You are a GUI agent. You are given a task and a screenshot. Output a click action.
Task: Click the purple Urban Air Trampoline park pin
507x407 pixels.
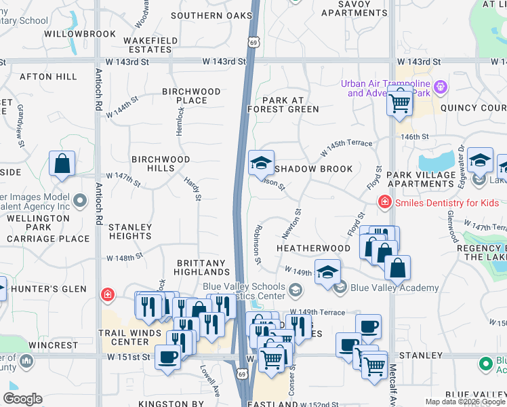coord(441,88)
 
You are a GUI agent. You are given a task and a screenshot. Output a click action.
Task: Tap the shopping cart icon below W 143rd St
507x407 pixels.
coord(400,104)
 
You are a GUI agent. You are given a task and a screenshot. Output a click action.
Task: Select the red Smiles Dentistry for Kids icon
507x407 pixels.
coord(384,203)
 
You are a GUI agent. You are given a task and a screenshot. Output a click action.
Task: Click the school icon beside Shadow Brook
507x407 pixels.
coord(261,163)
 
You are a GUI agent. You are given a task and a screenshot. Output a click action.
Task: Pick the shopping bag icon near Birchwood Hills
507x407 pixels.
coord(62,163)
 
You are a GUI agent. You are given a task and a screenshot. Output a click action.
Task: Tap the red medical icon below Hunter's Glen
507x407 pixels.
coord(107,294)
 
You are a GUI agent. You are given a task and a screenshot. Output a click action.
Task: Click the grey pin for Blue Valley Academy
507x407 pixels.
coord(340,288)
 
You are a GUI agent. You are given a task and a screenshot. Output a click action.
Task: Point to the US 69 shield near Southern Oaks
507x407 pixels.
coord(252,42)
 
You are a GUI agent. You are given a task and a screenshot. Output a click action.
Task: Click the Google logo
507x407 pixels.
coord(22,399)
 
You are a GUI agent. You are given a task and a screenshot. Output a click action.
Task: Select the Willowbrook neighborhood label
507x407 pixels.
coord(70,33)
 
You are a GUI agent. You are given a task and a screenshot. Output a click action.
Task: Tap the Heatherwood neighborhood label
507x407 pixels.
coord(313,249)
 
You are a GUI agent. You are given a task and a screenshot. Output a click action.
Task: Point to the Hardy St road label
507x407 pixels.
coord(193,189)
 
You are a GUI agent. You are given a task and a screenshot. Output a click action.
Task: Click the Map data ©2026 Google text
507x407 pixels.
coord(464,402)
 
